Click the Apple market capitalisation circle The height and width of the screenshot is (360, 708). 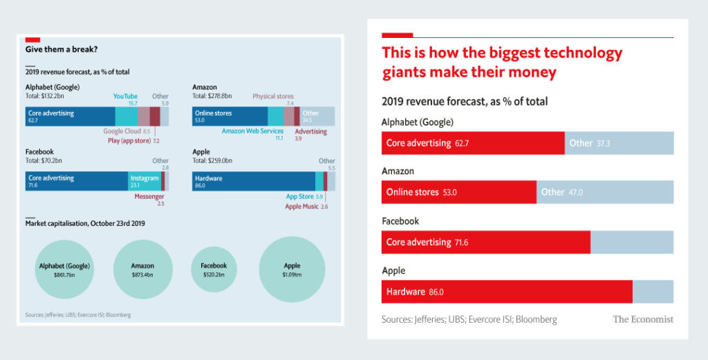[292, 269]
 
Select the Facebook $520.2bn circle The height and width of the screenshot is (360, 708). [214, 269]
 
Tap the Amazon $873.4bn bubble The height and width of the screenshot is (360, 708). [142, 269]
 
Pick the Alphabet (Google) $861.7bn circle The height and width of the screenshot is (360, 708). [64, 269]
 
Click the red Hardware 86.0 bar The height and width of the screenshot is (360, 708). [507, 292]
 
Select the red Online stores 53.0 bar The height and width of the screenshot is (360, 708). [458, 192]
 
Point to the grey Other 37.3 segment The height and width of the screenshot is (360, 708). [619, 143]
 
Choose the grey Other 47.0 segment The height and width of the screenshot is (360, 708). [605, 192]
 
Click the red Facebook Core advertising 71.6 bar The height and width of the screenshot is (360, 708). [485, 242]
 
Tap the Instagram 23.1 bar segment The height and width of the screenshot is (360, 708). [145, 181]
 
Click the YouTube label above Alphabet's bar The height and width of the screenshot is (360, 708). [125, 97]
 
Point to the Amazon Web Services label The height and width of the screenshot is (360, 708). [252, 131]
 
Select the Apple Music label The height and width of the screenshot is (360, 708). [301, 207]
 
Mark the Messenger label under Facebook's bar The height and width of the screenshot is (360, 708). [149, 196]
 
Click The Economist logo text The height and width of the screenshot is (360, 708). [642, 319]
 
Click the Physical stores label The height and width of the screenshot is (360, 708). [273, 97]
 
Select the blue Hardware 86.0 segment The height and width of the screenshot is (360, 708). [254, 181]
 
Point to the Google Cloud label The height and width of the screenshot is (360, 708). [122, 131]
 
